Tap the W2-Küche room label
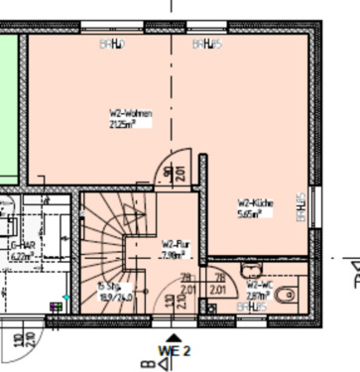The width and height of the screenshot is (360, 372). tap(255, 201)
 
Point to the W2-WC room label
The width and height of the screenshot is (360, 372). tap(260, 284)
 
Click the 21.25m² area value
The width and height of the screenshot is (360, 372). tap(128, 124)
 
